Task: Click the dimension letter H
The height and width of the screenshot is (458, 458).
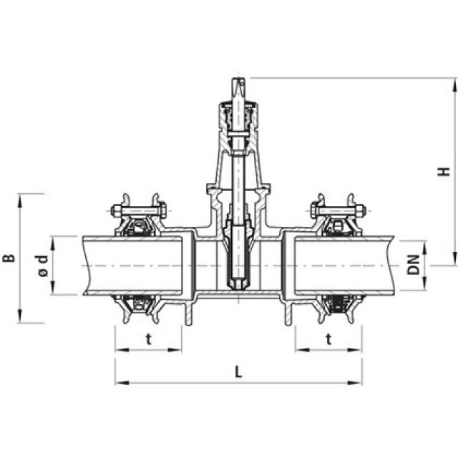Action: [444, 172]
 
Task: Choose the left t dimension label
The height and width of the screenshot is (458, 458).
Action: [148, 339]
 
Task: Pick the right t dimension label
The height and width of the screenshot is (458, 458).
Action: [328, 339]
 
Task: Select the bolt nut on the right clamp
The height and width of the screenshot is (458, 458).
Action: [359, 211]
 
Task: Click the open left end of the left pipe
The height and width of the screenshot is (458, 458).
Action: [84, 265]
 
